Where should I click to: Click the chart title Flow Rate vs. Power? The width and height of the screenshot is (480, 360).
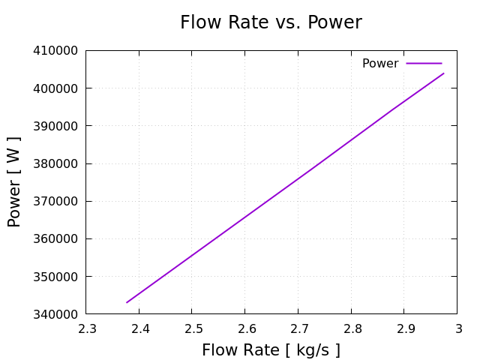[271, 22]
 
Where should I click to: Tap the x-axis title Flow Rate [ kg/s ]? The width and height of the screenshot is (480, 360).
[271, 350]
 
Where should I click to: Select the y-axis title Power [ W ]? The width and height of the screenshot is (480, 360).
[14, 181]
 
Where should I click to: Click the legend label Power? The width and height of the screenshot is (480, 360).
[380, 64]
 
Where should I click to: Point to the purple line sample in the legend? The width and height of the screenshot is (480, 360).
[424, 64]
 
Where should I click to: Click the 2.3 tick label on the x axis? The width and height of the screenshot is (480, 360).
[86, 328]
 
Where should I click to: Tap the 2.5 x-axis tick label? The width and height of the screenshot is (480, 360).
[192, 328]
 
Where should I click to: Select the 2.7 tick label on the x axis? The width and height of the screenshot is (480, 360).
[298, 328]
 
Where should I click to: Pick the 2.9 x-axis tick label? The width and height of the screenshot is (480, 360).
[403, 328]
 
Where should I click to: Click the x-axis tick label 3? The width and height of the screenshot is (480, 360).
[457, 328]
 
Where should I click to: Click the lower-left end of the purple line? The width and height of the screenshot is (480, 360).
[127, 302]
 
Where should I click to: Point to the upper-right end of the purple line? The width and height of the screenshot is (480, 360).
[444, 73]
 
